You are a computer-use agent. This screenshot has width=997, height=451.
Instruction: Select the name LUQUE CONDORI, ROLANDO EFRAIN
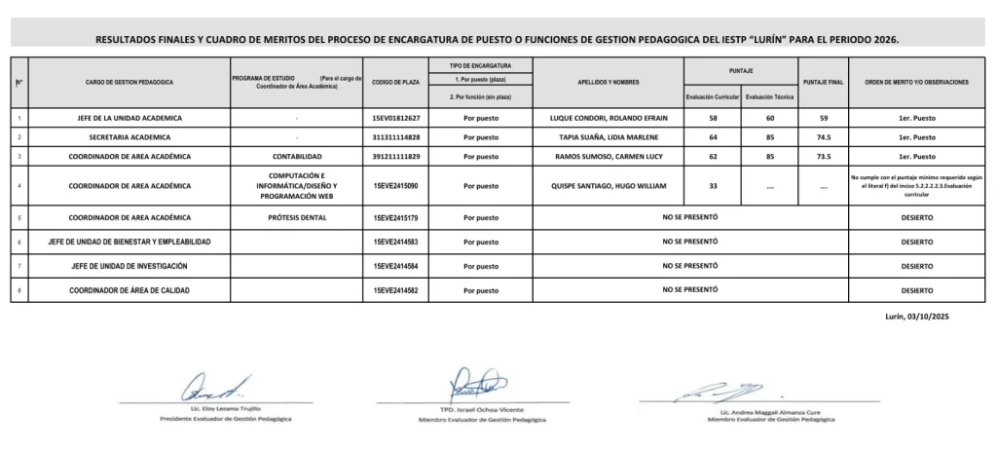[x=609, y=119]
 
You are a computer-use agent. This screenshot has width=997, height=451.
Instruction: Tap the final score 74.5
[x=821, y=137]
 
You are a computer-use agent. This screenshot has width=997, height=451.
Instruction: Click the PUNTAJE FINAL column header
[x=821, y=83]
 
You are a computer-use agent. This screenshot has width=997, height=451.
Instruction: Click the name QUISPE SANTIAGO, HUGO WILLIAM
[x=609, y=184]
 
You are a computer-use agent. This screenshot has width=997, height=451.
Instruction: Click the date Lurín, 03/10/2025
[x=933, y=317]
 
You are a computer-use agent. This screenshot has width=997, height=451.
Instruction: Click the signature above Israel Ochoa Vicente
[x=478, y=382]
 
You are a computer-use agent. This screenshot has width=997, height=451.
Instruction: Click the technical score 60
[x=768, y=119]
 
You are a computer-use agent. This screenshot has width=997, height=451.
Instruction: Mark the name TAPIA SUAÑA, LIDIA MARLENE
[x=609, y=137]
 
